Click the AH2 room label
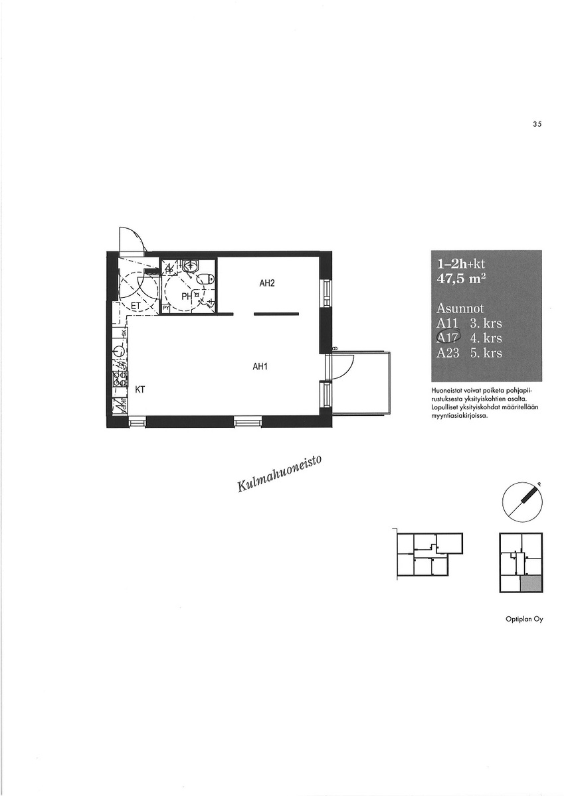[267, 283]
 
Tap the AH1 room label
[260, 367]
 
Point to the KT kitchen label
[140, 389]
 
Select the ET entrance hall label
[136, 306]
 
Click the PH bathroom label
[187, 296]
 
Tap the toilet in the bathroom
[206, 279]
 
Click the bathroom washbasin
[193, 265]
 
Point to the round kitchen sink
[119, 351]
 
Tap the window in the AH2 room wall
[326, 293]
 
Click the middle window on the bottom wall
[248, 423]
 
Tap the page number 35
[537, 124]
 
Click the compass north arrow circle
[522, 503]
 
